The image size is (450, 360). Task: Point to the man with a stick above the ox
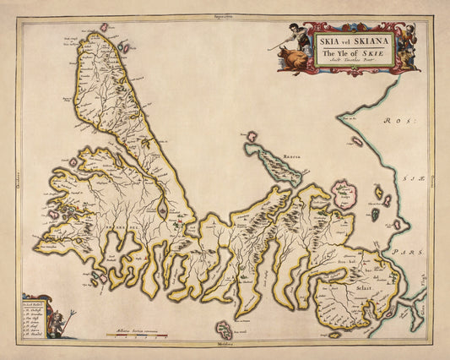click(x=288, y=38)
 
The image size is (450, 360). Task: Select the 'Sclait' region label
click(x=350, y=287)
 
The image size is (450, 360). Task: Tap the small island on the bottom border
click(x=224, y=329)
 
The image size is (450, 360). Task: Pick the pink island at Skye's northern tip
click(x=105, y=28)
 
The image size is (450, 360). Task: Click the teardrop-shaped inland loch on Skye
click(x=161, y=205)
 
